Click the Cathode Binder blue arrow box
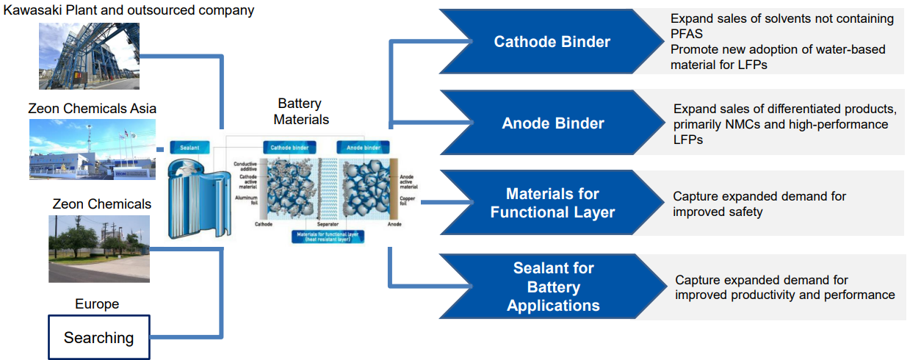pos(552,42)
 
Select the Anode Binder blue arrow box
pos(552,123)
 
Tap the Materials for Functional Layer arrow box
pos(552,204)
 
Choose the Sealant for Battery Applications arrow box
pos(552,287)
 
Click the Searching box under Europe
pos(99,337)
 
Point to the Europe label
pos(97,304)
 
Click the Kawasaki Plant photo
pos(89,56)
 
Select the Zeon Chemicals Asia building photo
pos(90,149)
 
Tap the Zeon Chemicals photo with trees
pos(99,248)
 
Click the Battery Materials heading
pos(299,111)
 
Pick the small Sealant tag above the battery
pos(190,147)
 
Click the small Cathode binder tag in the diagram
pos(291,147)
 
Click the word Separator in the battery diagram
pos(327,223)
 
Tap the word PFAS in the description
pos(687,34)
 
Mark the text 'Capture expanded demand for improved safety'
pos(759,204)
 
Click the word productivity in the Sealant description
pos(765,295)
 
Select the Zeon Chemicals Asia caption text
pos(92,108)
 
